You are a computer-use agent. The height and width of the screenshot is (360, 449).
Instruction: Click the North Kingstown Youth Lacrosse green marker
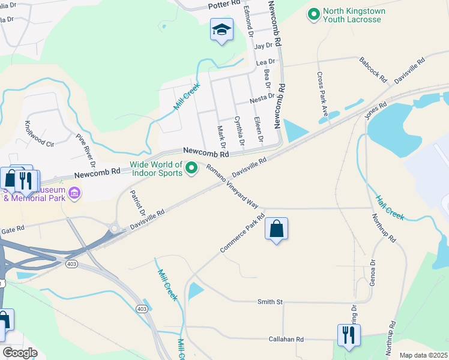pos(313,14)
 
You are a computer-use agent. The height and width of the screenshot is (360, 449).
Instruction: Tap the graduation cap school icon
pos(221,29)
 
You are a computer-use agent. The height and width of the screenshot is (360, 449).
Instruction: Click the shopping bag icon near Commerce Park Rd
pos(276,229)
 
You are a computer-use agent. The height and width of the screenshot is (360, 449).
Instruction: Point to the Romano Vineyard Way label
pos(232,186)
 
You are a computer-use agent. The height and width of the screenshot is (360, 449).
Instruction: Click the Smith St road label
pos(270,302)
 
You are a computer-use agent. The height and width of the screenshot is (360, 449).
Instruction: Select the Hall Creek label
pos(390,208)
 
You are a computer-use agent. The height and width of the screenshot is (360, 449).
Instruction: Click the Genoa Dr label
pos(373,272)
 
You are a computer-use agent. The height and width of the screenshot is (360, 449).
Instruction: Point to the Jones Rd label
pos(375,110)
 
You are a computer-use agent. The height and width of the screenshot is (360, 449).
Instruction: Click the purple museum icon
pos(74,193)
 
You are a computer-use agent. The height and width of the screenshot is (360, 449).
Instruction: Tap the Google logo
pos(20,353)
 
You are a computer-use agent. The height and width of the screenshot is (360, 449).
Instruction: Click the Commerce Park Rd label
pos(243,233)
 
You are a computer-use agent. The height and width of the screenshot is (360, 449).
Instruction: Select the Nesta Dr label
pos(262,96)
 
